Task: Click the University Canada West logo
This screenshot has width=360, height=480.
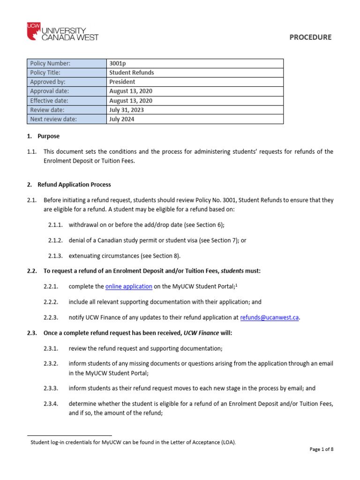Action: pyautogui.click(x=63, y=32)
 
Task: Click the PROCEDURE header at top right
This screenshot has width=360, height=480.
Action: pyautogui.click(x=310, y=37)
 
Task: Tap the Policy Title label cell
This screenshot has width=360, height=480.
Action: pyautogui.click(x=67, y=73)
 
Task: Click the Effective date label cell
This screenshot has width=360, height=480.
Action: pyautogui.click(x=67, y=101)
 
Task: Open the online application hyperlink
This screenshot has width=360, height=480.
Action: pyautogui.click(x=128, y=286)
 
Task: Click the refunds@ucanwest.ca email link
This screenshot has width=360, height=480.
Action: pyautogui.click(x=269, y=317)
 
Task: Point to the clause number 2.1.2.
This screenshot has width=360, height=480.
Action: pyautogui.click(x=56, y=240)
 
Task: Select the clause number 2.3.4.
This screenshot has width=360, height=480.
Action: pyautogui.click(x=56, y=404)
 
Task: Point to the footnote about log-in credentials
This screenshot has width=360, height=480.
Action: pyautogui.click(x=133, y=442)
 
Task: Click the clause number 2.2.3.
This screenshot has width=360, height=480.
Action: pyautogui.click(x=56, y=317)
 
